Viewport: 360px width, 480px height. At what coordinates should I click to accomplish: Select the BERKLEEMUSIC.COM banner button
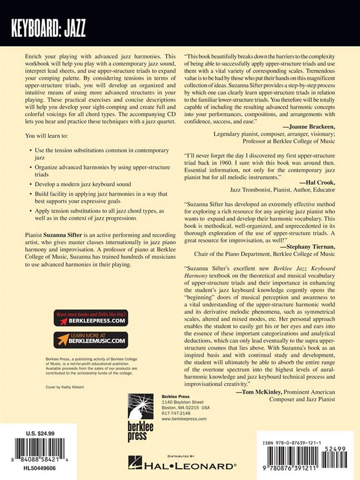(x=91, y=339)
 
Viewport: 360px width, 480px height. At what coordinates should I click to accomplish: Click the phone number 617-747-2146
(x=176, y=413)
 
